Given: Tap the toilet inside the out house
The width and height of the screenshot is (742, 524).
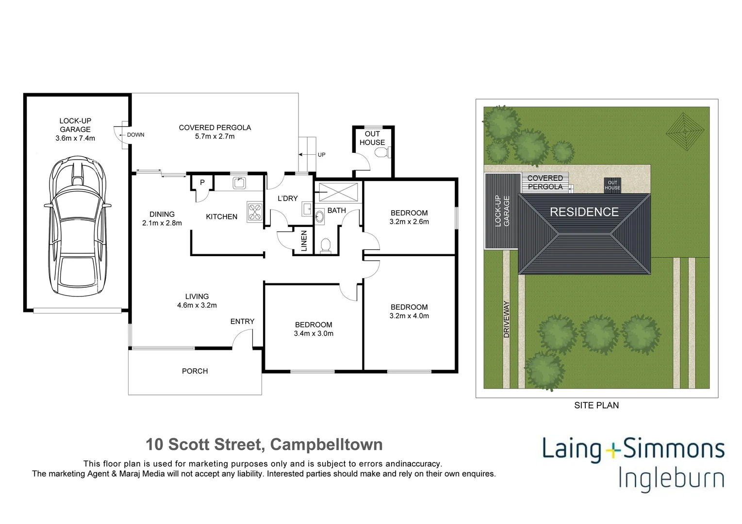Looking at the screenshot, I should click(x=382, y=153).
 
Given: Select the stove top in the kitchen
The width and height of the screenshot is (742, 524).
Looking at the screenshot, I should click(x=255, y=212).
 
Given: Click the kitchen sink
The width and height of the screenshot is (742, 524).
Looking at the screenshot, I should click(x=239, y=183).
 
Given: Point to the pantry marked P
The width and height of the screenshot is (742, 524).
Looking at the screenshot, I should click(x=202, y=182).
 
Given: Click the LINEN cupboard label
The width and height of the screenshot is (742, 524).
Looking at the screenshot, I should click(x=304, y=241).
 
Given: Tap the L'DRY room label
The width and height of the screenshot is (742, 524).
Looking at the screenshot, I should click(x=288, y=198).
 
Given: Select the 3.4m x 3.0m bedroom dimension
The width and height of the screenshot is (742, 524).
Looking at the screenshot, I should click(x=313, y=334).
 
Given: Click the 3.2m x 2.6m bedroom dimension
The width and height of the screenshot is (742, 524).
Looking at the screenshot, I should click(x=409, y=222).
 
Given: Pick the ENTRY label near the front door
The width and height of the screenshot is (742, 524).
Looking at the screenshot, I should click(x=242, y=321).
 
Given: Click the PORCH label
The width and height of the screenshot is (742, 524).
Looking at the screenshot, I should click(x=195, y=371).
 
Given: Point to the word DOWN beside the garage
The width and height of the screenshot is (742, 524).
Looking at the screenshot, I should click(x=136, y=135).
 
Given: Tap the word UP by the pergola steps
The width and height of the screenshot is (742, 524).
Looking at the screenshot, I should click(x=321, y=155).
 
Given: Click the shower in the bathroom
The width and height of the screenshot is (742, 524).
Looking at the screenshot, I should click(x=338, y=192).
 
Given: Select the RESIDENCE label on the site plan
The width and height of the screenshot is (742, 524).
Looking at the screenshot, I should click(x=584, y=212).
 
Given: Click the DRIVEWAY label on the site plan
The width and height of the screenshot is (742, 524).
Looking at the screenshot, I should click(x=507, y=319).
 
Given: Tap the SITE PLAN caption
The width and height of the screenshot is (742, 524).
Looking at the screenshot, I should click(x=596, y=406).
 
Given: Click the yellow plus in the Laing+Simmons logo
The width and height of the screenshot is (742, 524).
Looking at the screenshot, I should click(x=613, y=450).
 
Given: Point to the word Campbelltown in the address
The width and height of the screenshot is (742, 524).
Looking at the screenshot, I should click(x=326, y=444).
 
